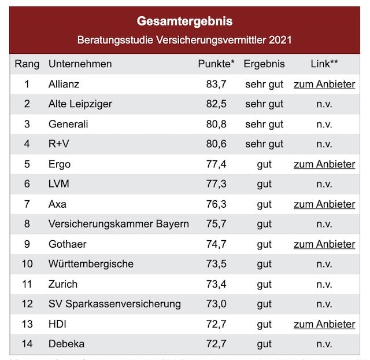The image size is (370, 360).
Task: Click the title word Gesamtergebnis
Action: (x=184, y=21)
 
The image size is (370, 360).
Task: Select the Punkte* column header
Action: (x=216, y=64)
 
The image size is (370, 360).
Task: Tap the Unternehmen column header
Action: (x=80, y=64)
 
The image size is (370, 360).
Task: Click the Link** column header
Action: (x=324, y=64)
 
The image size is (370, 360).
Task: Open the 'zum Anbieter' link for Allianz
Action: (x=324, y=84)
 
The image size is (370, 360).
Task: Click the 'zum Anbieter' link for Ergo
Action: (x=324, y=164)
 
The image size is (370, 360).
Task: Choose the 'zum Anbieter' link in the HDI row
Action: (x=324, y=324)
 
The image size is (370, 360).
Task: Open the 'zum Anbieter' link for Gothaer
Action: (x=324, y=244)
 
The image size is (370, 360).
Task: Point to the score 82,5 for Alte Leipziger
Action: (x=216, y=104)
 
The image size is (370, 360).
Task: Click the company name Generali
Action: (x=68, y=124)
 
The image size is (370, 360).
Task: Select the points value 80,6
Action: (x=216, y=144)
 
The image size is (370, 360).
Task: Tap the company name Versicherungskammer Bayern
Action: (x=119, y=224)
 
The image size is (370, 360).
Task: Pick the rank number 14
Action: (x=27, y=344)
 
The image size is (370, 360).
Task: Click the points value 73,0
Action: (x=216, y=304)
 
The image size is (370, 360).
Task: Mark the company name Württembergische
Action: (x=91, y=264)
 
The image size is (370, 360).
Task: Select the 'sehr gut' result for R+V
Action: (x=264, y=144)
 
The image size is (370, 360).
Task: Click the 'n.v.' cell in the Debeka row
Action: (x=324, y=344)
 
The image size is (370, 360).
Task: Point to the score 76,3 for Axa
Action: (x=216, y=204)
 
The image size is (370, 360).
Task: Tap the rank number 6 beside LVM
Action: (x=27, y=184)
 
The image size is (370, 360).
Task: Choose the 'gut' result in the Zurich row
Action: (x=264, y=284)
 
